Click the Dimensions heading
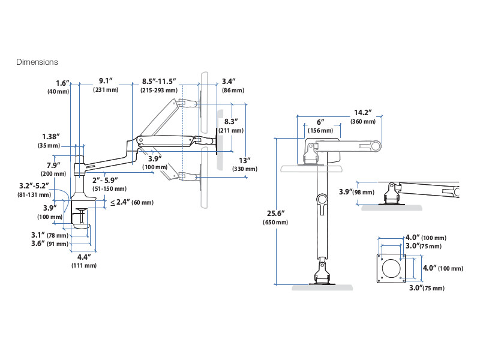(x=37, y=62)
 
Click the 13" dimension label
(x=244, y=160)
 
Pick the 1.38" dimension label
(x=50, y=136)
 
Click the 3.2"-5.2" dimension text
(x=34, y=185)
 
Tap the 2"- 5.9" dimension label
(x=105, y=180)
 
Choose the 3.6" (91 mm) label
(x=50, y=244)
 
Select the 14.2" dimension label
(x=362, y=112)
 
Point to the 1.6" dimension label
(x=63, y=83)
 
